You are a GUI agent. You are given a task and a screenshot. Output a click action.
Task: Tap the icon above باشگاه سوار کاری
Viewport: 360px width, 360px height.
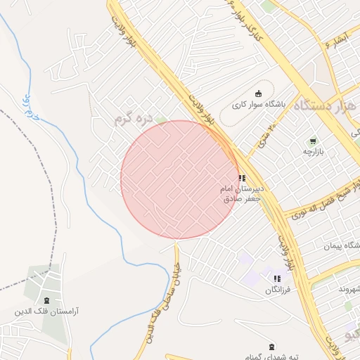[x=258, y=93]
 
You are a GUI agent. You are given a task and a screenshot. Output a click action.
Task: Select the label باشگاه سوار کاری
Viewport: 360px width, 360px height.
[x=259, y=106]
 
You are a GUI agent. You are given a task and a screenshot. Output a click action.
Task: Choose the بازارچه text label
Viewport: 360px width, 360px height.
[x=311, y=151]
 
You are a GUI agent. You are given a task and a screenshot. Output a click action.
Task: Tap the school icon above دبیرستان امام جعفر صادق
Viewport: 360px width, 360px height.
[x=242, y=178]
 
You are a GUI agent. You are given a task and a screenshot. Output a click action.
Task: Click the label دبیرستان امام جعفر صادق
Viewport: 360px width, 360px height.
[x=242, y=194]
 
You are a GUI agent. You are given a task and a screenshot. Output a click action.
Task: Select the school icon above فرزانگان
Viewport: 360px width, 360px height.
[x=276, y=278]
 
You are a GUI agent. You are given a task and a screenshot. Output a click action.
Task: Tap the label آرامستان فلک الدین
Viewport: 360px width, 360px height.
[x=46, y=311]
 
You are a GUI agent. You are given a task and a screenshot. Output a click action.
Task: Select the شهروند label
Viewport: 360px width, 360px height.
[x=349, y=289]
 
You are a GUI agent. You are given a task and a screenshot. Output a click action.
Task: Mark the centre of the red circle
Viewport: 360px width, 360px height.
[x=180, y=179]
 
